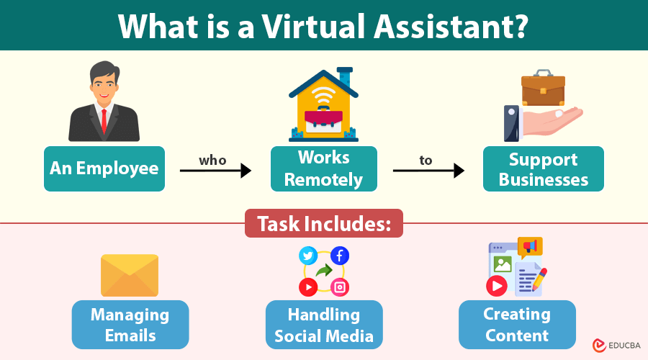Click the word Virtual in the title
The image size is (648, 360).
coord(314,26)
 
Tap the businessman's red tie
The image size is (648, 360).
coord(104,120)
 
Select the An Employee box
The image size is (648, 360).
coord(104,168)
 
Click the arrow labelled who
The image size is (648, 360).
coord(215,171)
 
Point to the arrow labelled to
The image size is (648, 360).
coord(428,171)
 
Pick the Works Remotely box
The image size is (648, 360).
coord(323,168)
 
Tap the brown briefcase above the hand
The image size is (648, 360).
coord(543,88)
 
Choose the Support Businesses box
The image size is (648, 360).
coord(544,168)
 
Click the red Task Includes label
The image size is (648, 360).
coord(323,223)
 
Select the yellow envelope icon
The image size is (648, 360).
coord(130,275)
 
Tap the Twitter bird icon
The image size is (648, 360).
coord(308,256)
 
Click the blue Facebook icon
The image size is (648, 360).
coord(340,256)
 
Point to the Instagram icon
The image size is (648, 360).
coord(340,287)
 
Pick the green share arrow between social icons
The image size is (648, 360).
coord(324,271)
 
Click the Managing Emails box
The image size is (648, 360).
coord(130,325)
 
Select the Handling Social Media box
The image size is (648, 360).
coord(324,325)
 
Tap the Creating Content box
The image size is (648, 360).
coord(517,325)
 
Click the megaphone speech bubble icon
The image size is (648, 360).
coord(530,247)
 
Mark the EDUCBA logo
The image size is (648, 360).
coord(616,346)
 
